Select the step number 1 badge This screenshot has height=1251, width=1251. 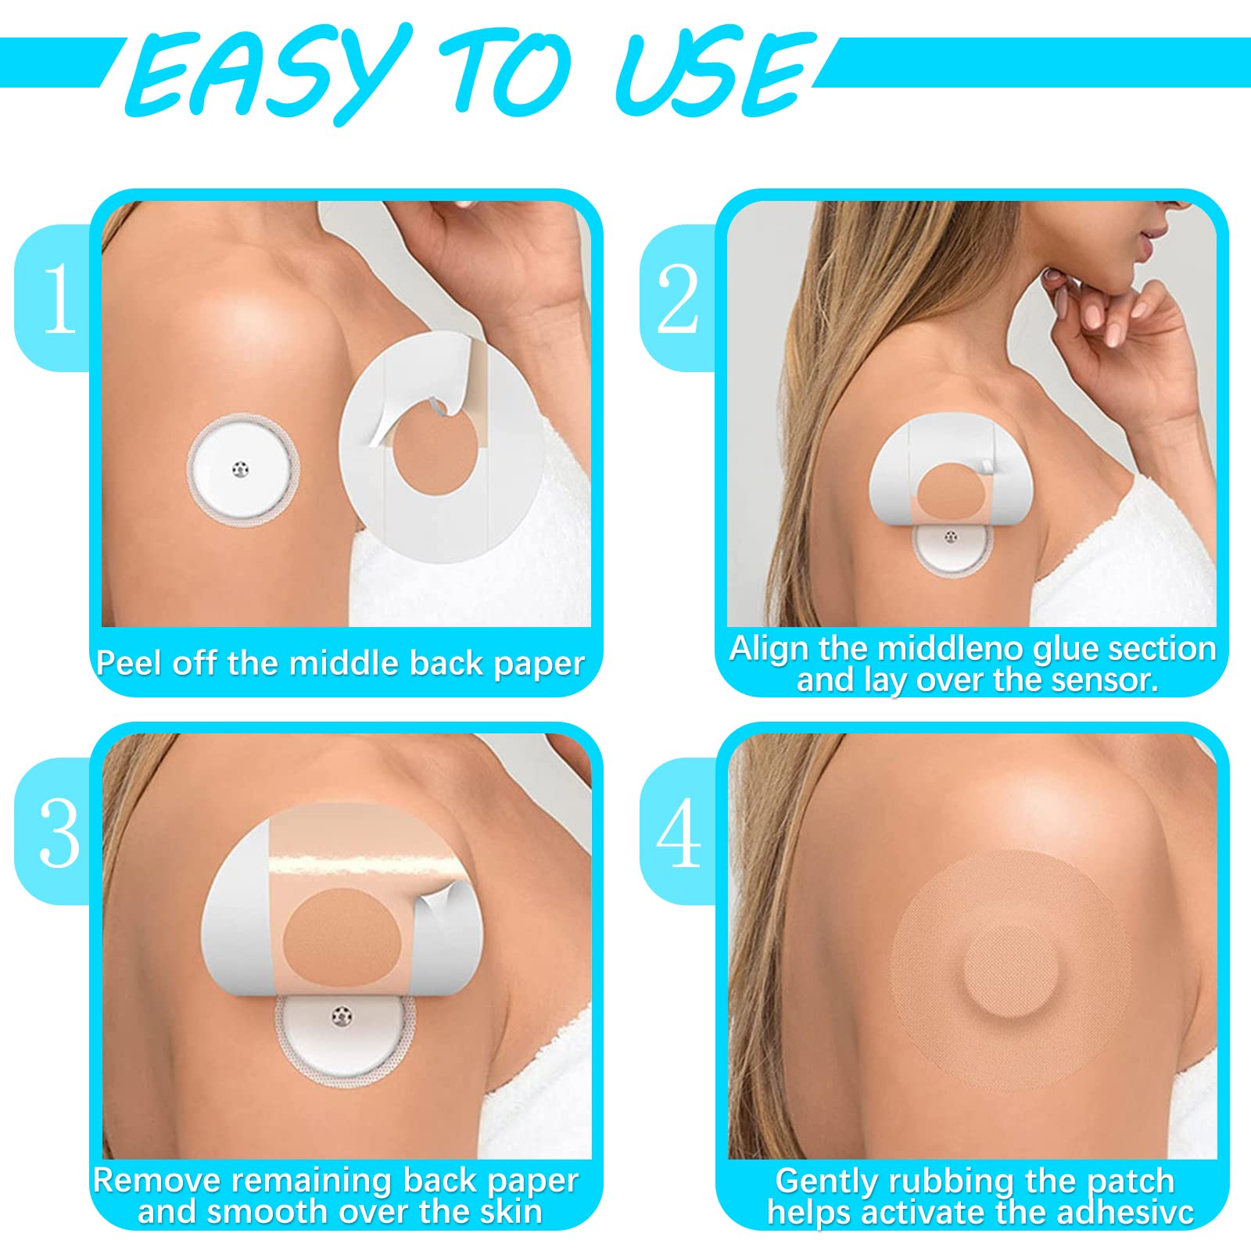[55, 297]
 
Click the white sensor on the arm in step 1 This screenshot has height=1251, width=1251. [243, 470]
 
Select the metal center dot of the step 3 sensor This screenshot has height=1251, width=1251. [342, 1016]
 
